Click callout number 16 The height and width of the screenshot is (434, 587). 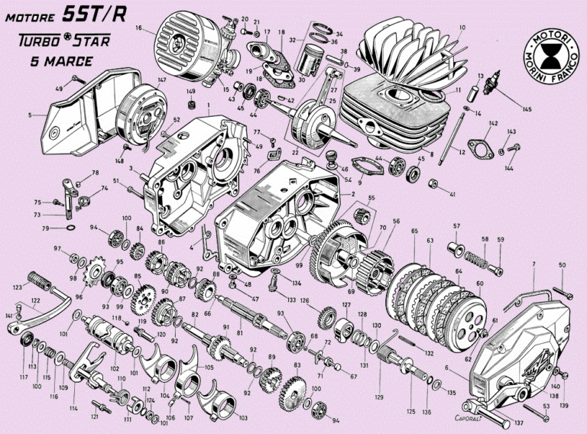[x=139, y=28]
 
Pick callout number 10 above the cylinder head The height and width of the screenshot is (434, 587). [x=461, y=28]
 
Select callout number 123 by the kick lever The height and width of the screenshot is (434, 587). [x=18, y=288]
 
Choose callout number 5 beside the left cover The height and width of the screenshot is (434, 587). [x=31, y=115]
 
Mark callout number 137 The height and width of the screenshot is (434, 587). [x=519, y=422]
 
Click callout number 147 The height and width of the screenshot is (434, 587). [x=161, y=79]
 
